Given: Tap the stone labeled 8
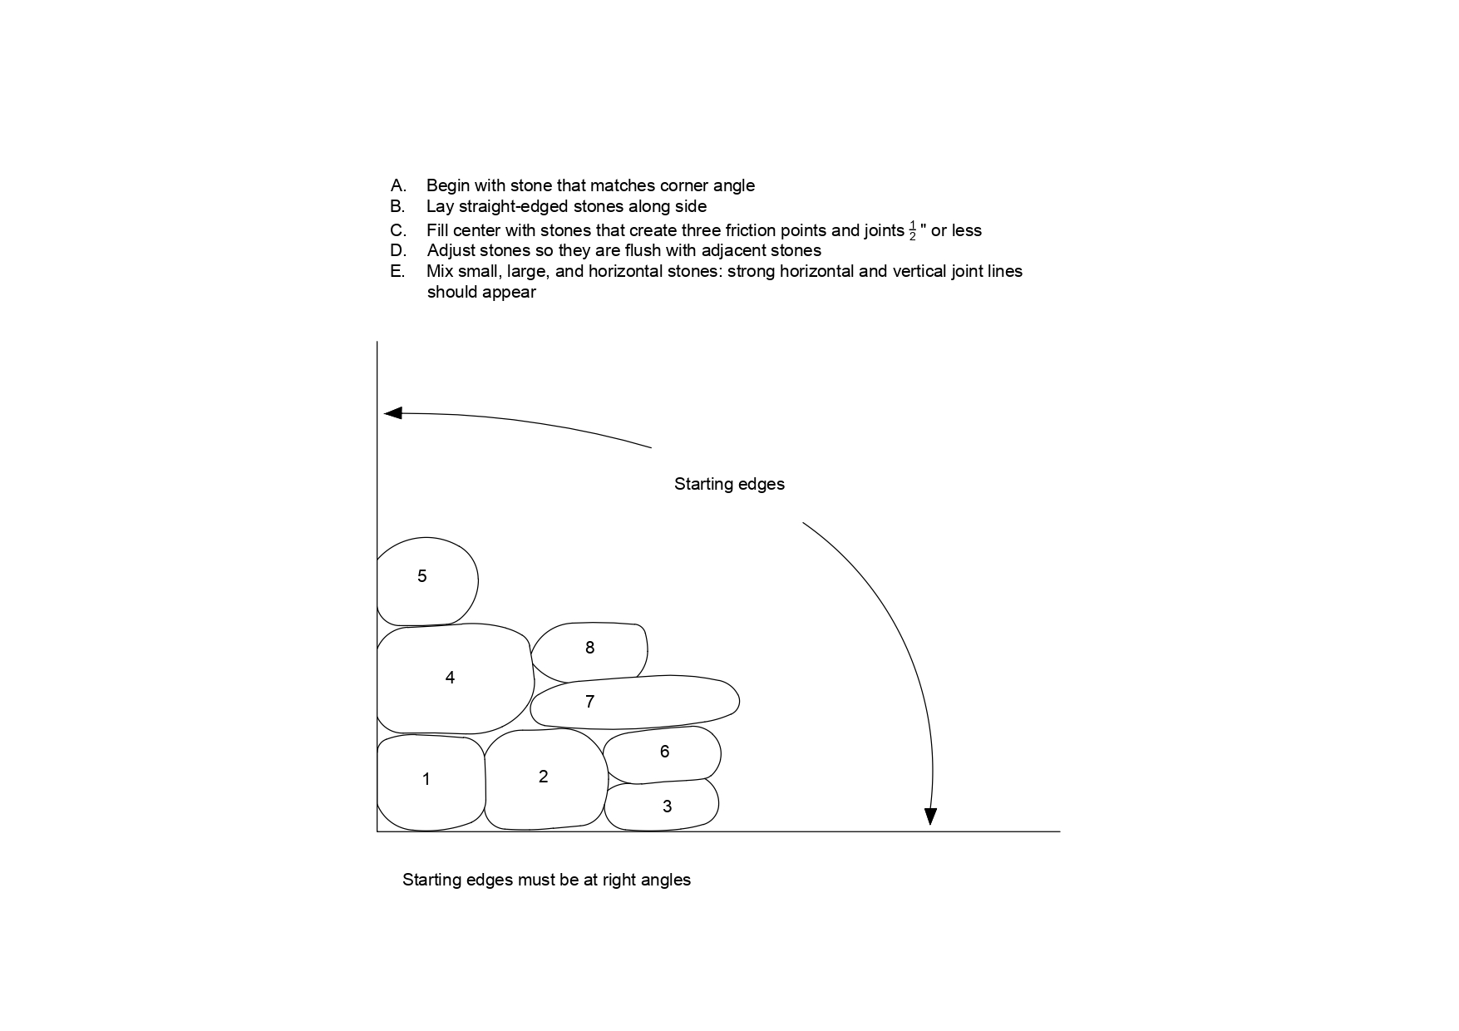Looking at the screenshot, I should coord(590,649).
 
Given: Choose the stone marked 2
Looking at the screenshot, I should coord(545,779).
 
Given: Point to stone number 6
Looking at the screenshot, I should coord(663,754).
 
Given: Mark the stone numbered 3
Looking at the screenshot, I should coord(663,807).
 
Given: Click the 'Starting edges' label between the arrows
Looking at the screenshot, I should coord(729,484).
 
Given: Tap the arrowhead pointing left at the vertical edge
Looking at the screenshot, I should coord(392,413).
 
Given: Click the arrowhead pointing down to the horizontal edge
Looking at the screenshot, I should coord(930,816).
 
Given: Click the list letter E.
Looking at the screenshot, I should coord(397,271).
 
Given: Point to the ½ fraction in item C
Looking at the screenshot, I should coord(912,231).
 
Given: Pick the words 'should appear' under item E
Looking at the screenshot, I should coord(481,292).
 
